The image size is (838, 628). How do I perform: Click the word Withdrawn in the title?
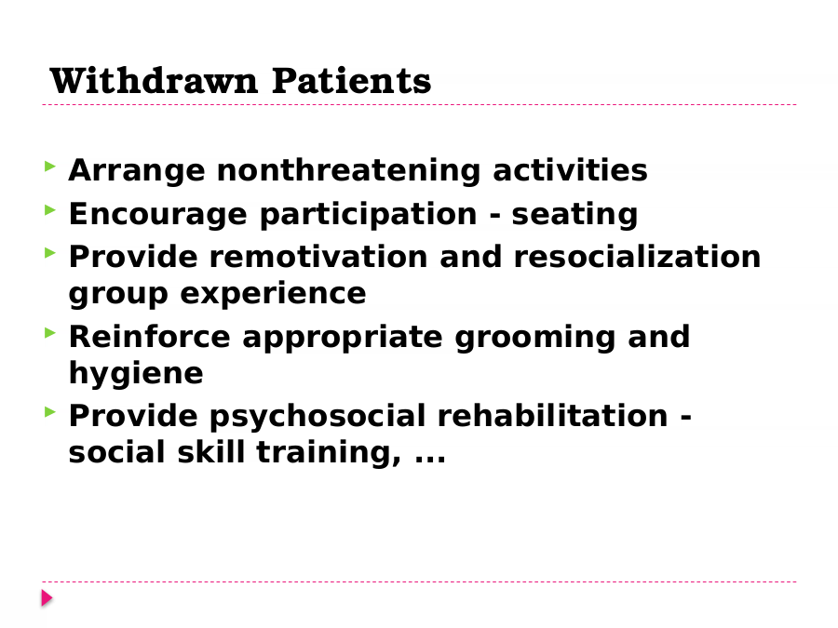154,81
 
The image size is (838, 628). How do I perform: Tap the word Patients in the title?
351,81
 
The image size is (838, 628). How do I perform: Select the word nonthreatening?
348,171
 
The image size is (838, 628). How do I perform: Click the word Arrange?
137,171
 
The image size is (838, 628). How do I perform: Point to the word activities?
570,170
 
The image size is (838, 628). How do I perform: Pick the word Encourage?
158,215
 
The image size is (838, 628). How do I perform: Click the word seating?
574,215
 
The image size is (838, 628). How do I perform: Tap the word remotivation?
318,257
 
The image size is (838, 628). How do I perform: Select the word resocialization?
637,257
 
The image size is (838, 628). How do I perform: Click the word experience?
273,294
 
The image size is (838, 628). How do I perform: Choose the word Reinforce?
150,337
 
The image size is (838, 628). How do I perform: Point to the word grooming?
535,338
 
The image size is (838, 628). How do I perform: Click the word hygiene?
136,373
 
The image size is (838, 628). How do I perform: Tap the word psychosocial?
318,417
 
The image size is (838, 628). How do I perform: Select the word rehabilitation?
552,416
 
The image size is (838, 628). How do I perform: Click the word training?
329,453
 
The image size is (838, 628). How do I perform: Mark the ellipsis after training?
430,459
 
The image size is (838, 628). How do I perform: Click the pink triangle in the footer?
47,598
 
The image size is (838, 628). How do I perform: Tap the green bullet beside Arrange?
50,167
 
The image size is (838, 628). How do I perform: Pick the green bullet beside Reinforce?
50,333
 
